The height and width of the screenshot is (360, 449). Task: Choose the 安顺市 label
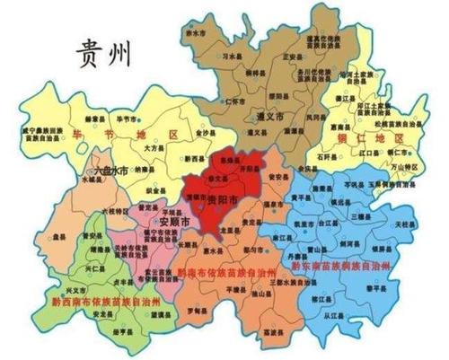173,221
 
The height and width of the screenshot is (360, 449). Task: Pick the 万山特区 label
409,168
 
